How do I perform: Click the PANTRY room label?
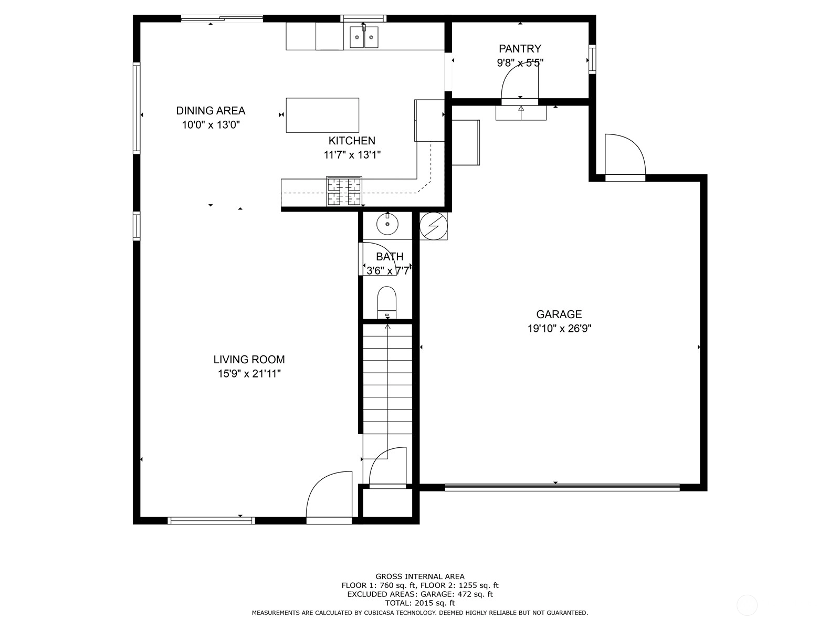pyautogui.click(x=520, y=49)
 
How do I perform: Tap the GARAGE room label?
pyautogui.click(x=559, y=314)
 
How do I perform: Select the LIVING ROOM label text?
pyautogui.click(x=249, y=360)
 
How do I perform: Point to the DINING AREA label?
pyautogui.click(x=211, y=111)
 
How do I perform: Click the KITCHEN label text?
pyautogui.click(x=352, y=141)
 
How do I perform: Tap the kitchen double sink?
pyautogui.click(x=363, y=37)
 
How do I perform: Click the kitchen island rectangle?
pyautogui.click(x=322, y=115)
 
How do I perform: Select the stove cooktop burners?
pyautogui.click(x=344, y=192)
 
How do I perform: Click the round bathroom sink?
pyautogui.click(x=387, y=224)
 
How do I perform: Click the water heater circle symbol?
pyautogui.click(x=434, y=226)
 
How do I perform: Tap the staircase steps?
pyautogui.click(x=387, y=379)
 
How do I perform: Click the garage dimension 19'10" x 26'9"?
pyautogui.click(x=560, y=329)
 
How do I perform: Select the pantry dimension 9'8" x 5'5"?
pyautogui.click(x=520, y=62)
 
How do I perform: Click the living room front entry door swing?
pyautogui.click(x=329, y=494)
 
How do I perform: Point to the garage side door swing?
pyautogui.click(x=625, y=154)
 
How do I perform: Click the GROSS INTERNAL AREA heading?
pyautogui.click(x=420, y=576)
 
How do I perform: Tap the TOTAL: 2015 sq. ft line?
pyautogui.click(x=420, y=603)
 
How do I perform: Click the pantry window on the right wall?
pyautogui.click(x=592, y=59)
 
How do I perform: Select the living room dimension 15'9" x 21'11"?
pyautogui.click(x=249, y=374)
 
